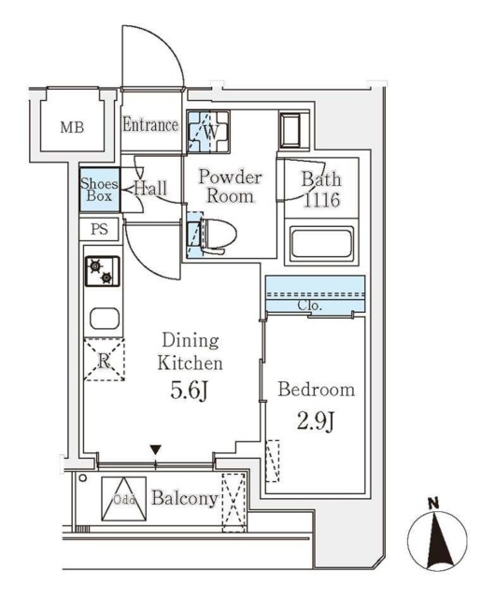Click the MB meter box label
[72, 127]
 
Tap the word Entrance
[150, 124]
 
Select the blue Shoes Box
[100, 190]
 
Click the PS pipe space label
[99, 229]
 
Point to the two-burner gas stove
[102, 271]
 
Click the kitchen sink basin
[105, 318]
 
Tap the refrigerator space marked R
[104, 360]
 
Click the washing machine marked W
[208, 132]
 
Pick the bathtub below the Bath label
[321, 243]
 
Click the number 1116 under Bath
[321, 200]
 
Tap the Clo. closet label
[310, 306]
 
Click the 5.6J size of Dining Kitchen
[189, 391]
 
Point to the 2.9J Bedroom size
[316, 421]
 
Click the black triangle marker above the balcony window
[155, 449]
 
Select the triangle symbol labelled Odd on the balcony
[124, 498]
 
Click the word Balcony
[185, 498]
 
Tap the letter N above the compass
[433, 504]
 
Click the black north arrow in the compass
[436, 541]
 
